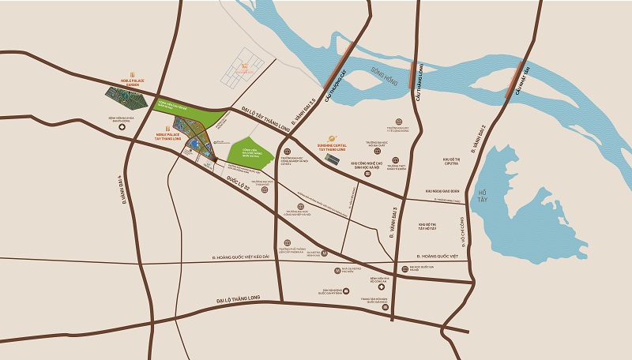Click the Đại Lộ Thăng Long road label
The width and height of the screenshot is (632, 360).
243,301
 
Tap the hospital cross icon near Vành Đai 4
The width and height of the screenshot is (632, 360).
122,127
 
